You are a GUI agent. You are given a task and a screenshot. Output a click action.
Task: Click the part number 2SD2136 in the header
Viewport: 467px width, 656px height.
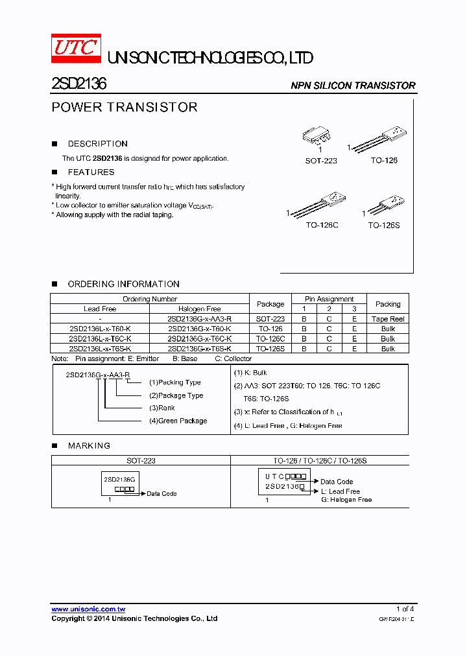pos(79,84)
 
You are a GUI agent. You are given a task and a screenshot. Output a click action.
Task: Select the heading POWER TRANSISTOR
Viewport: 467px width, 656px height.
pos(125,107)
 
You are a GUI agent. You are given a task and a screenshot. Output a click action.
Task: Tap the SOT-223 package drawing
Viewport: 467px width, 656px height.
pos(317,135)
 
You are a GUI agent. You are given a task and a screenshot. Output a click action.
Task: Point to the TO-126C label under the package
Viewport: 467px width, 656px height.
pos(322,225)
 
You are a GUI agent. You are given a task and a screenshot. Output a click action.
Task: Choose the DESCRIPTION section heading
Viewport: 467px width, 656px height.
pos(97,144)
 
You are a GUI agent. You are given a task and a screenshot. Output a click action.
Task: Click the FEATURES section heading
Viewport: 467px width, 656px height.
pos(91,172)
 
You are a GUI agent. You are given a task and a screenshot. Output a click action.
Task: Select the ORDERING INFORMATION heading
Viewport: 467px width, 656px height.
pos(123,284)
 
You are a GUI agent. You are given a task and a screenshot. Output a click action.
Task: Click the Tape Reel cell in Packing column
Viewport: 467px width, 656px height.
pos(388,319)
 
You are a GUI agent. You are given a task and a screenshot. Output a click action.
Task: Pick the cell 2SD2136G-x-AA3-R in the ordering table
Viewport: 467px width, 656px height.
pos(199,319)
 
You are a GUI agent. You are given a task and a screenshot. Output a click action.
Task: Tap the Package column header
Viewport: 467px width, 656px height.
pos(270,304)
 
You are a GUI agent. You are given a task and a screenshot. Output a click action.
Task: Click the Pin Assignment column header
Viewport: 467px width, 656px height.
pos(329,299)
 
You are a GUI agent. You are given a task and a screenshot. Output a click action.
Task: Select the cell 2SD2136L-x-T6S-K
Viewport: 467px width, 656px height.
pos(100,349)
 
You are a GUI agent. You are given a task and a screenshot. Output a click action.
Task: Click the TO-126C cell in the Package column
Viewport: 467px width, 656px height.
pos(270,339)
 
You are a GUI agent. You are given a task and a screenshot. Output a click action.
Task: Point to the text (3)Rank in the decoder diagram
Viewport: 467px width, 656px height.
pos(162,408)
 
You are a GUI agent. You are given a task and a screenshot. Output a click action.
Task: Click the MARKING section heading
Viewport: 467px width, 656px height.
pos(89,446)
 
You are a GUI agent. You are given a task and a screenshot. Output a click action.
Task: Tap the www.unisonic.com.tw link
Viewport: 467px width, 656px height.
pos(88,609)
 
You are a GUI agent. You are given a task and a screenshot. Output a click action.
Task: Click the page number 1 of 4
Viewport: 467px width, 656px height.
pos(405,609)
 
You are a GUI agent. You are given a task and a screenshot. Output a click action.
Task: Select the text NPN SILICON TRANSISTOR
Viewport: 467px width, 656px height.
pos(353,86)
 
